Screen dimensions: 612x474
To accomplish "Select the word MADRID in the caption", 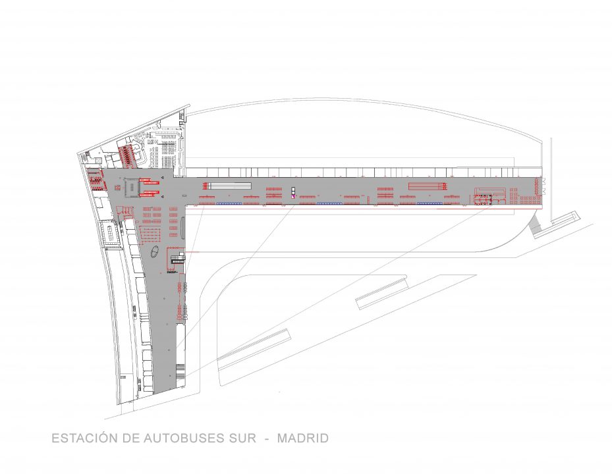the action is (x=303, y=438).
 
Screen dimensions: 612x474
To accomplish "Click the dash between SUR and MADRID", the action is (x=267, y=439).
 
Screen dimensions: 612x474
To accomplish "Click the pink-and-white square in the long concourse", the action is (x=292, y=197).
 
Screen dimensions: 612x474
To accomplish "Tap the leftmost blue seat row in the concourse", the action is (x=229, y=203).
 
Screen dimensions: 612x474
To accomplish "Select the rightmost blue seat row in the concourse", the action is (x=430, y=203).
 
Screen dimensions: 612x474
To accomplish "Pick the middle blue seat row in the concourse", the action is (x=329, y=203).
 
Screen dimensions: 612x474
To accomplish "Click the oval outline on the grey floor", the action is (x=155, y=252).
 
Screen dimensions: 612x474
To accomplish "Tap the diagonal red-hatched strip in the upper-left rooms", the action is (x=127, y=155).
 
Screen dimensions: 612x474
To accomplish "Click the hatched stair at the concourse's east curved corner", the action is (x=535, y=226).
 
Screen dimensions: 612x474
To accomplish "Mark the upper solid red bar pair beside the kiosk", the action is (x=150, y=180).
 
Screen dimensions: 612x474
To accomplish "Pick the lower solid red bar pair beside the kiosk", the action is (x=150, y=193).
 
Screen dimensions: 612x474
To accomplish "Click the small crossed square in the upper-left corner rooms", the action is (x=98, y=161).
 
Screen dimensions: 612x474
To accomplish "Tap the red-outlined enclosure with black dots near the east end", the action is (x=482, y=199).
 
